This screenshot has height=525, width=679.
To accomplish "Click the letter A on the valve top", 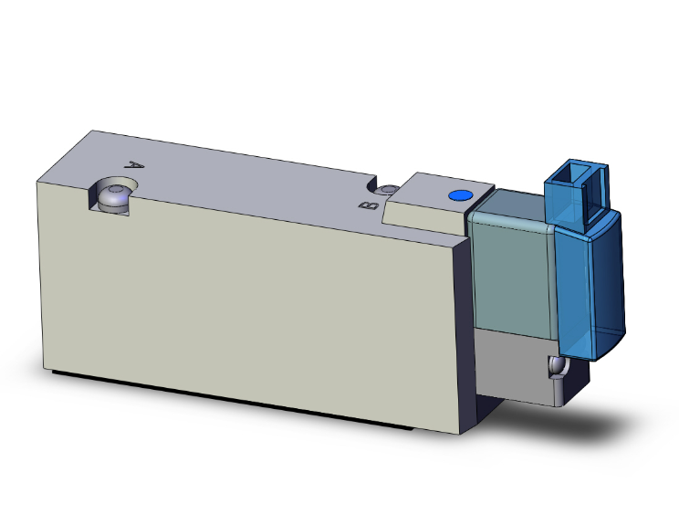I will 136,167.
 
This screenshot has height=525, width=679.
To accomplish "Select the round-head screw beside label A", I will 116,195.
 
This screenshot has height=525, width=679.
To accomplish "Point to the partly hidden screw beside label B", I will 389,190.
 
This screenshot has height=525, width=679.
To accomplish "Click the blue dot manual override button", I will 459,195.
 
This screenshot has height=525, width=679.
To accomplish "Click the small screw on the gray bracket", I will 558,367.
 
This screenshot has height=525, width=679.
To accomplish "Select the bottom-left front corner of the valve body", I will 44,369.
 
